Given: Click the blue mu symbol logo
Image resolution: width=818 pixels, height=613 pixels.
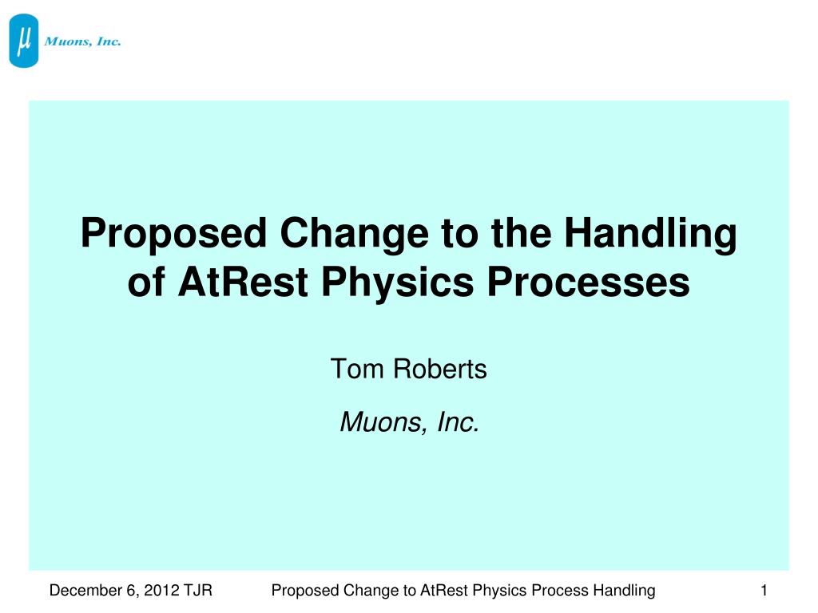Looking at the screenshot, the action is coord(24,41).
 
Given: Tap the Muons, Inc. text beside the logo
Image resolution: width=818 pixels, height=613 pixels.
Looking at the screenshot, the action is coord(82,42).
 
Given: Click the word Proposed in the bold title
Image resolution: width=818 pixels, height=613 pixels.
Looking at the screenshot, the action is coord(173,234).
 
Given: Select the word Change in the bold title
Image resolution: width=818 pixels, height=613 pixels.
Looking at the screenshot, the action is coord(354,234).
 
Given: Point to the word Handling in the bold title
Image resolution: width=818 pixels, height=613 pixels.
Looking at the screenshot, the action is coord(650,234).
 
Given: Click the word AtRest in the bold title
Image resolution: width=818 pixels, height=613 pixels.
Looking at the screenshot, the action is coord(243,282).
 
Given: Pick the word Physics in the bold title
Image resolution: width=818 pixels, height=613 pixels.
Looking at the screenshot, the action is coord(398,283).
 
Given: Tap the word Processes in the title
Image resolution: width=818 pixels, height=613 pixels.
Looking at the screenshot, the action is coord(589,282).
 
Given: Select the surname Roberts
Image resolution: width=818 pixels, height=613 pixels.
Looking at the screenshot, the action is coord(440,369).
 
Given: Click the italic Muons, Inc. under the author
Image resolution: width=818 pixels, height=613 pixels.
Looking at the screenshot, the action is coord(410,421).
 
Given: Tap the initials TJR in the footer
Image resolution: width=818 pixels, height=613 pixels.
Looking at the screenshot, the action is coord(198,590).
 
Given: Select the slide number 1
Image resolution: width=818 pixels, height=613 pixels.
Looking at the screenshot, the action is coord(764,590).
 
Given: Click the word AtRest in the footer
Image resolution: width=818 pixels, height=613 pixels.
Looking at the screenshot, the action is coord(444,590).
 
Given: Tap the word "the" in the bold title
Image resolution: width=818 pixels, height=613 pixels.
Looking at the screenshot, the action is coord(521,234).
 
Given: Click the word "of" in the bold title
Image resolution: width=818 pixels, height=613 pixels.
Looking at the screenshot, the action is coord(147,282).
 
